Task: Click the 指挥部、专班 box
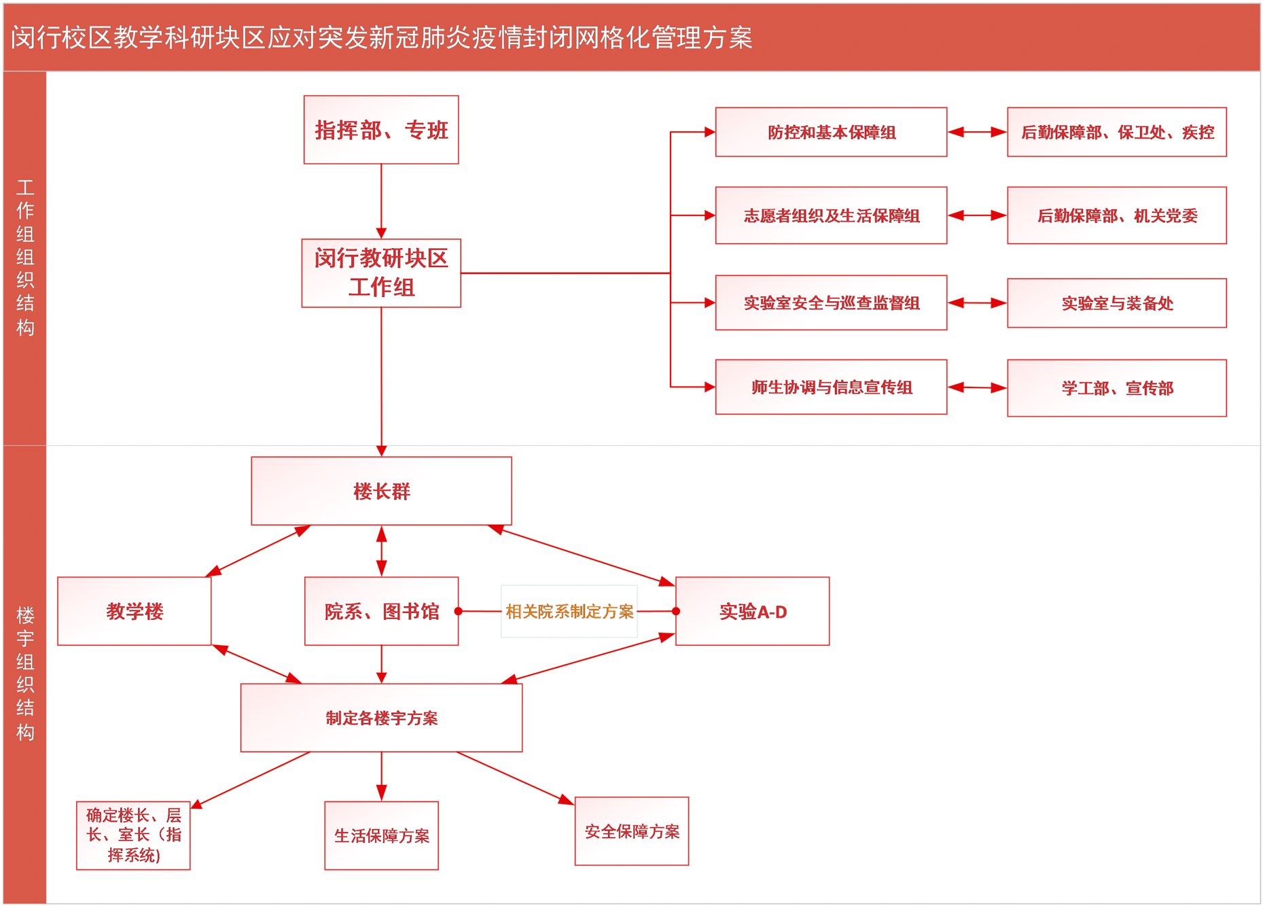380,130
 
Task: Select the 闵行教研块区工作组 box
380,273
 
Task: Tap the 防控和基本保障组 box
830,132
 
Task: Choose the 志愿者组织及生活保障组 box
830,215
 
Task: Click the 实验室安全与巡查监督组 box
830,302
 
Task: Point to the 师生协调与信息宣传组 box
830,387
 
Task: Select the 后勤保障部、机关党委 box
1116,215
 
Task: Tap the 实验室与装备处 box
1116,303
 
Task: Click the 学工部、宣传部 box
1116,387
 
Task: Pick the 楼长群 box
381,491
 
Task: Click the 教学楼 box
134,611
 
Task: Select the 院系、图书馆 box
381,611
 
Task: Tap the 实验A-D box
752,611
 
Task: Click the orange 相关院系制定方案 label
569,611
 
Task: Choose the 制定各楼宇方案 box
381,718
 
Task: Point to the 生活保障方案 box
381,835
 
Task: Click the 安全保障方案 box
631,831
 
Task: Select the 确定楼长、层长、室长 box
133,835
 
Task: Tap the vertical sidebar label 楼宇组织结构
25,673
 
